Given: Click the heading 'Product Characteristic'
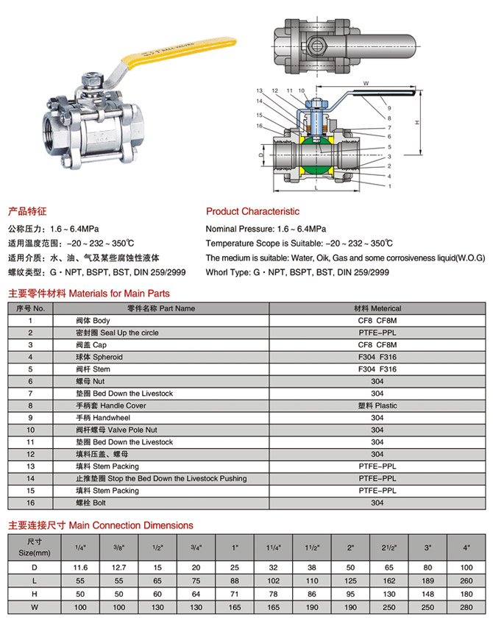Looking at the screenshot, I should [252, 211].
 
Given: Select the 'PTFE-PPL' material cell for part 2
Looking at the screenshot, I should [377, 333].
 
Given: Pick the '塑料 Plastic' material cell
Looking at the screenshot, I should [377, 405].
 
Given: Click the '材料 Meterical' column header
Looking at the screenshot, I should [377, 308].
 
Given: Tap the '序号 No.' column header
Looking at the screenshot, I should [30, 308].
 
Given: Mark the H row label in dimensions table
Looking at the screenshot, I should [30, 594].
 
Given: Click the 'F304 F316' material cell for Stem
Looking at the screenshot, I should [377, 369].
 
